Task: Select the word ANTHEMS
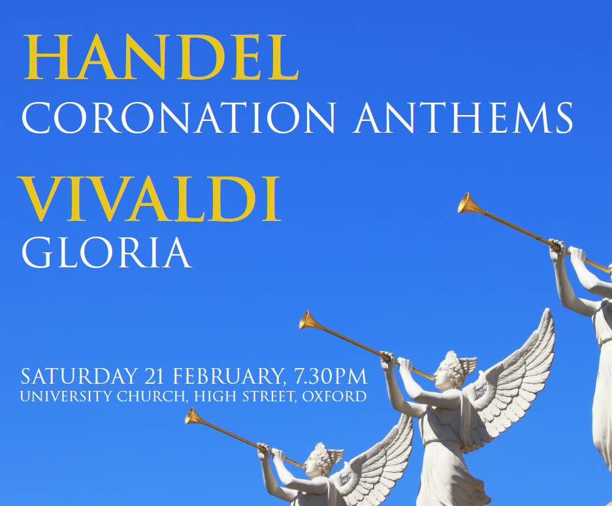point(464,118)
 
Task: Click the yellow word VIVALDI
point(150,199)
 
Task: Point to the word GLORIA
point(106,252)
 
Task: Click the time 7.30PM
point(330,377)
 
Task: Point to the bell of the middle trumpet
point(309,320)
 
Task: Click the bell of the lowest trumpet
point(194,416)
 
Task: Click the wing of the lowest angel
point(385,458)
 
